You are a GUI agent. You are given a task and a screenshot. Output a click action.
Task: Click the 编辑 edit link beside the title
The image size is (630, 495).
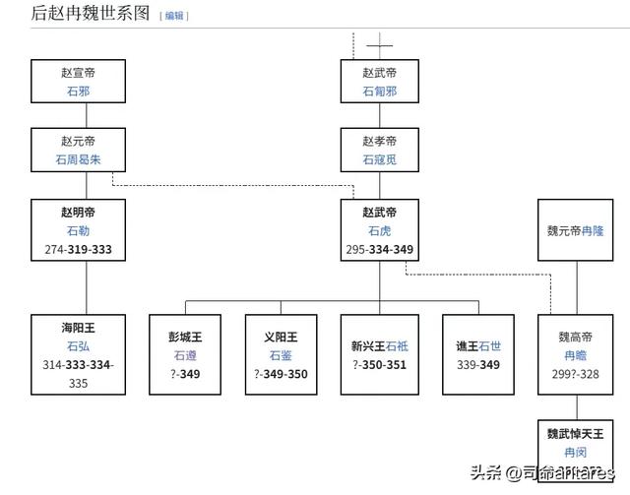pos(174,16)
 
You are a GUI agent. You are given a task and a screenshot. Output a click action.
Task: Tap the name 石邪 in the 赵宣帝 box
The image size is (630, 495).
pos(78,90)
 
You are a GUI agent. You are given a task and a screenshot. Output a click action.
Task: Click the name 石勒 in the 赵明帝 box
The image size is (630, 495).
pos(78,230)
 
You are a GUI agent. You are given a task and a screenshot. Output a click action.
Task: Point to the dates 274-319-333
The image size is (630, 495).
pos(78,249)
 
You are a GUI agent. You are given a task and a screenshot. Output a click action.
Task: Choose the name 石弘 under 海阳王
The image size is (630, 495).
pos(78,346)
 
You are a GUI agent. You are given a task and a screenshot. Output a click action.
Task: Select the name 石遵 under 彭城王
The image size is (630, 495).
pos(185,355)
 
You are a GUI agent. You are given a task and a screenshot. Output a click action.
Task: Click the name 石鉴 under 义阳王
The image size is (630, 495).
pos(281,355)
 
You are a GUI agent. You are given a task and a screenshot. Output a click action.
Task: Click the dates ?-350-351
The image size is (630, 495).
pos(379,364)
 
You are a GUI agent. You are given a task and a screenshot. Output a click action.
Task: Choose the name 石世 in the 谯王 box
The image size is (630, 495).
pos(489,345)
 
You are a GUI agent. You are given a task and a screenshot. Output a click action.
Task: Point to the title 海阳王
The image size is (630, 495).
pos(78,328)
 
